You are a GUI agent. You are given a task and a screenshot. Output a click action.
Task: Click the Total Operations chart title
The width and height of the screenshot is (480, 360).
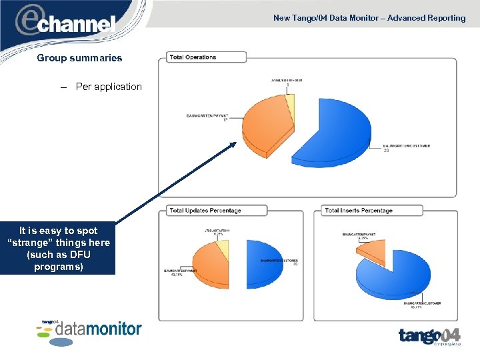coord(193,57)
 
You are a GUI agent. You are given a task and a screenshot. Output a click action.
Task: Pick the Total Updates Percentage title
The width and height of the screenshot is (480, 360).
coord(205,211)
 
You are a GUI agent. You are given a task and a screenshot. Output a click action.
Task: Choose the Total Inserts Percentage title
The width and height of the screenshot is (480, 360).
coord(359,211)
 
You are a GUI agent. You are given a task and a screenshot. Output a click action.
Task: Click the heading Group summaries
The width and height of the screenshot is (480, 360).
coord(79,58)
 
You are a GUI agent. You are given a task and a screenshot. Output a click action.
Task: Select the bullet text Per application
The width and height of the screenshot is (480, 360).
coord(109,87)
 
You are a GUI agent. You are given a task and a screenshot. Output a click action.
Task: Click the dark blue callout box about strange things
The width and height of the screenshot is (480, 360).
coord(59,249)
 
